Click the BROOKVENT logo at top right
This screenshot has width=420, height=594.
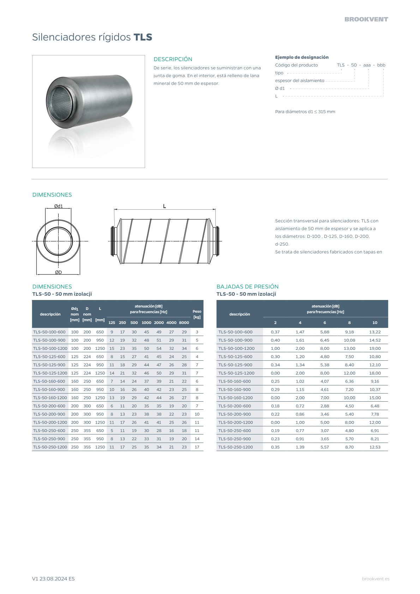click(366, 19)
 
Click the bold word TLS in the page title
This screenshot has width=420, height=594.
click(143, 37)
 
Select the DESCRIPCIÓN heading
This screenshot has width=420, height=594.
click(173, 59)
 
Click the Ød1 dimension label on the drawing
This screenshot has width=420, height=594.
click(58, 206)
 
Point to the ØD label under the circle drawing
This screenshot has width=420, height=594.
click(58, 272)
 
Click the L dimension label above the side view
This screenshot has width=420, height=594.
click(164, 206)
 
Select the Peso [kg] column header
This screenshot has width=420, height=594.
click(197, 314)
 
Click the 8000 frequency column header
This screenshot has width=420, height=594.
click(184, 323)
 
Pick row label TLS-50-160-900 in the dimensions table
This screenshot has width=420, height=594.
click(49, 390)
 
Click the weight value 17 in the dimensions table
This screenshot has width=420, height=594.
click(197, 447)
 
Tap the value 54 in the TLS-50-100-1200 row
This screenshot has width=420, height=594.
click(159, 348)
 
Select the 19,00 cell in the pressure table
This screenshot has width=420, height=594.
click(375, 348)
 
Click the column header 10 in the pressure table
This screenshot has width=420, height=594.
click(375, 323)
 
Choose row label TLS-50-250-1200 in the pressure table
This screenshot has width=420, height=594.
click(235, 447)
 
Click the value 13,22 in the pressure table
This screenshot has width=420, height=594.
click(375, 332)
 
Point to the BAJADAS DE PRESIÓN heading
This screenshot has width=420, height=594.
click(247, 287)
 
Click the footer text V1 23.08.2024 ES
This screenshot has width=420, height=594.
click(53, 579)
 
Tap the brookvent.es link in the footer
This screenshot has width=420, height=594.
click(376, 579)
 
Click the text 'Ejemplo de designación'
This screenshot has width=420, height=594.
click(302, 57)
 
